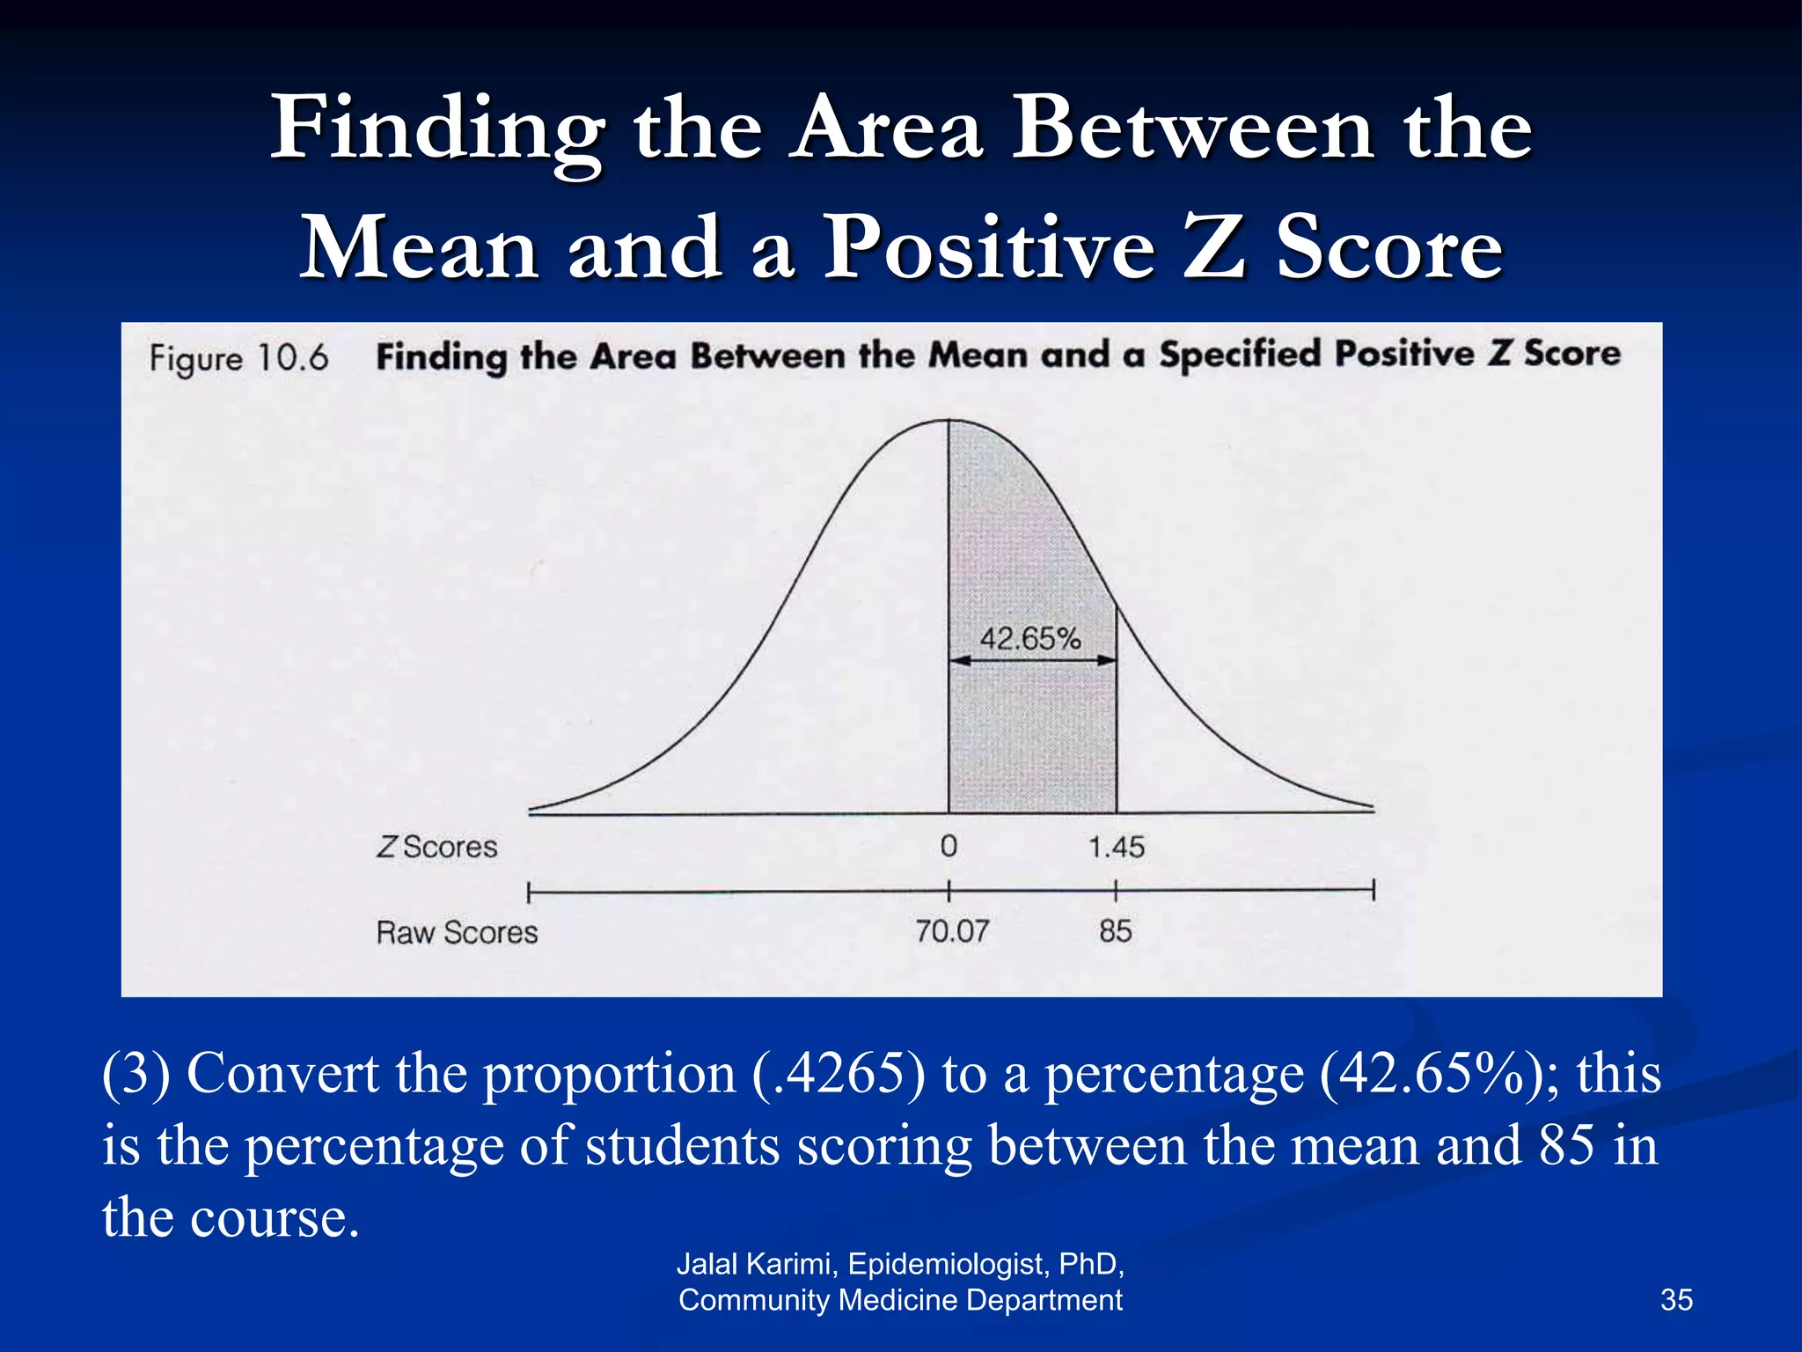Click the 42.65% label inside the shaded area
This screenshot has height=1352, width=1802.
point(1029,638)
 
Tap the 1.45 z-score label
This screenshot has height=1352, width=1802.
point(1116,848)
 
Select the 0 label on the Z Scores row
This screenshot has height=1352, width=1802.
point(949,847)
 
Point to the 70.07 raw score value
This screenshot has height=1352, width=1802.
point(952,931)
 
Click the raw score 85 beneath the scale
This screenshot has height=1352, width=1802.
point(1115,931)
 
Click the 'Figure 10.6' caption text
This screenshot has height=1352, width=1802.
point(238,358)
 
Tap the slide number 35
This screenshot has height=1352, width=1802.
point(1676,1300)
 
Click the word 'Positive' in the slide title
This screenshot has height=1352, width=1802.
point(987,248)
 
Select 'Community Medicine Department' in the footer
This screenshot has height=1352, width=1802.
point(900,1300)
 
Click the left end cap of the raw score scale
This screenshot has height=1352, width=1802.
point(529,893)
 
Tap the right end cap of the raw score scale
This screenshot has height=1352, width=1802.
point(1373,891)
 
